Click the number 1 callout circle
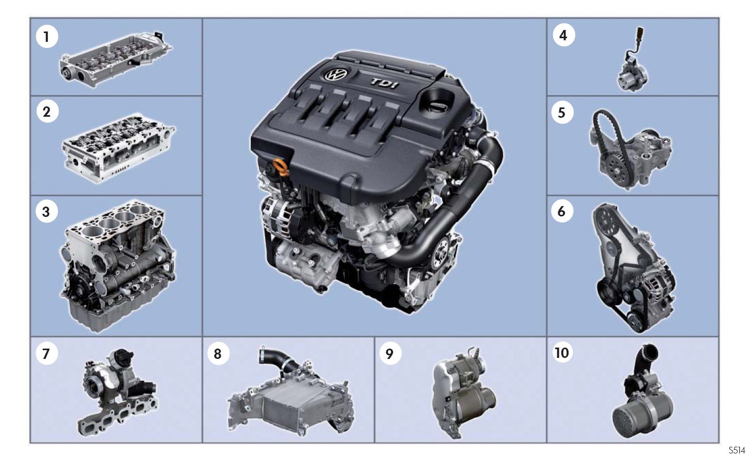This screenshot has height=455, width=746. [x=47, y=37]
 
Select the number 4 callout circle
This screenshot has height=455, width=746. [x=563, y=35]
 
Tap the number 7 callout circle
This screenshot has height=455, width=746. [x=46, y=354]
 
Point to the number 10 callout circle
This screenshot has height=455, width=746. [x=562, y=353]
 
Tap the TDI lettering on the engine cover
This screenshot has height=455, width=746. [x=384, y=83]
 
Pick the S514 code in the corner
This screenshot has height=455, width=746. [x=737, y=449]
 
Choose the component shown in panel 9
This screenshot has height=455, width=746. [x=461, y=393]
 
